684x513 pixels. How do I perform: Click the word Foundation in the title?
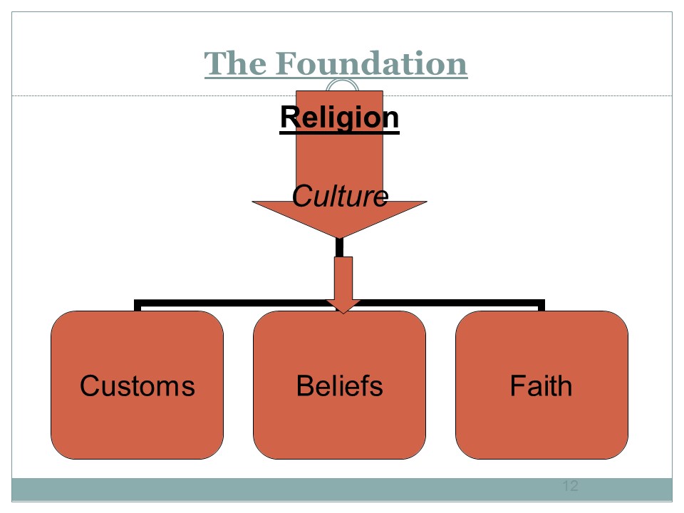click(x=371, y=63)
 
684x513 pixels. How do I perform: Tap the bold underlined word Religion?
click(x=339, y=118)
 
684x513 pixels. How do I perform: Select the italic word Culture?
click(x=340, y=196)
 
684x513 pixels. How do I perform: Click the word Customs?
click(x=137, y=386)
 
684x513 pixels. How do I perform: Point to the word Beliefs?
click(x=339, y=386)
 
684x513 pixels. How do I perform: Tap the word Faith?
click(x=541, y=386)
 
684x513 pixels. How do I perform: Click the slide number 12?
click(x=570, y=487)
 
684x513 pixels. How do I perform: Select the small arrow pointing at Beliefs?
click(x=343, y=285)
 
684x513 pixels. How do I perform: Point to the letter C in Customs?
click(x=89, y=386)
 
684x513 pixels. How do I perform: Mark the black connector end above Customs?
click(x=138, y=306)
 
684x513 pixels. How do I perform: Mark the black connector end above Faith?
click(x=541, y=306)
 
